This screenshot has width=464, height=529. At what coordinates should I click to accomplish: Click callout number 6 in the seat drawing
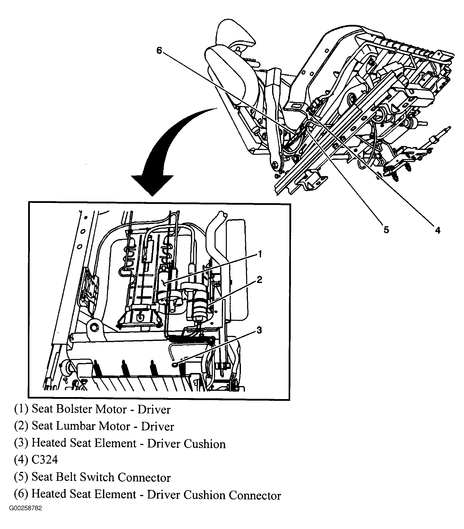pos(159,51)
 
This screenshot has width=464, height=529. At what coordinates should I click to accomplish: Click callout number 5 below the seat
pos(386,229)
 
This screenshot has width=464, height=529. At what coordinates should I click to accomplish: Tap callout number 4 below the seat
pos(438,230)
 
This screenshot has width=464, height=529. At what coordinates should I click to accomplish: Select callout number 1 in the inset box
pos(260,254)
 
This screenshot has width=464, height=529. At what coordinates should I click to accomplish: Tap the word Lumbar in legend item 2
pos(80,426)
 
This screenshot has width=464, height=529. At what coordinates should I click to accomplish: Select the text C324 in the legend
pos(45,460)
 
